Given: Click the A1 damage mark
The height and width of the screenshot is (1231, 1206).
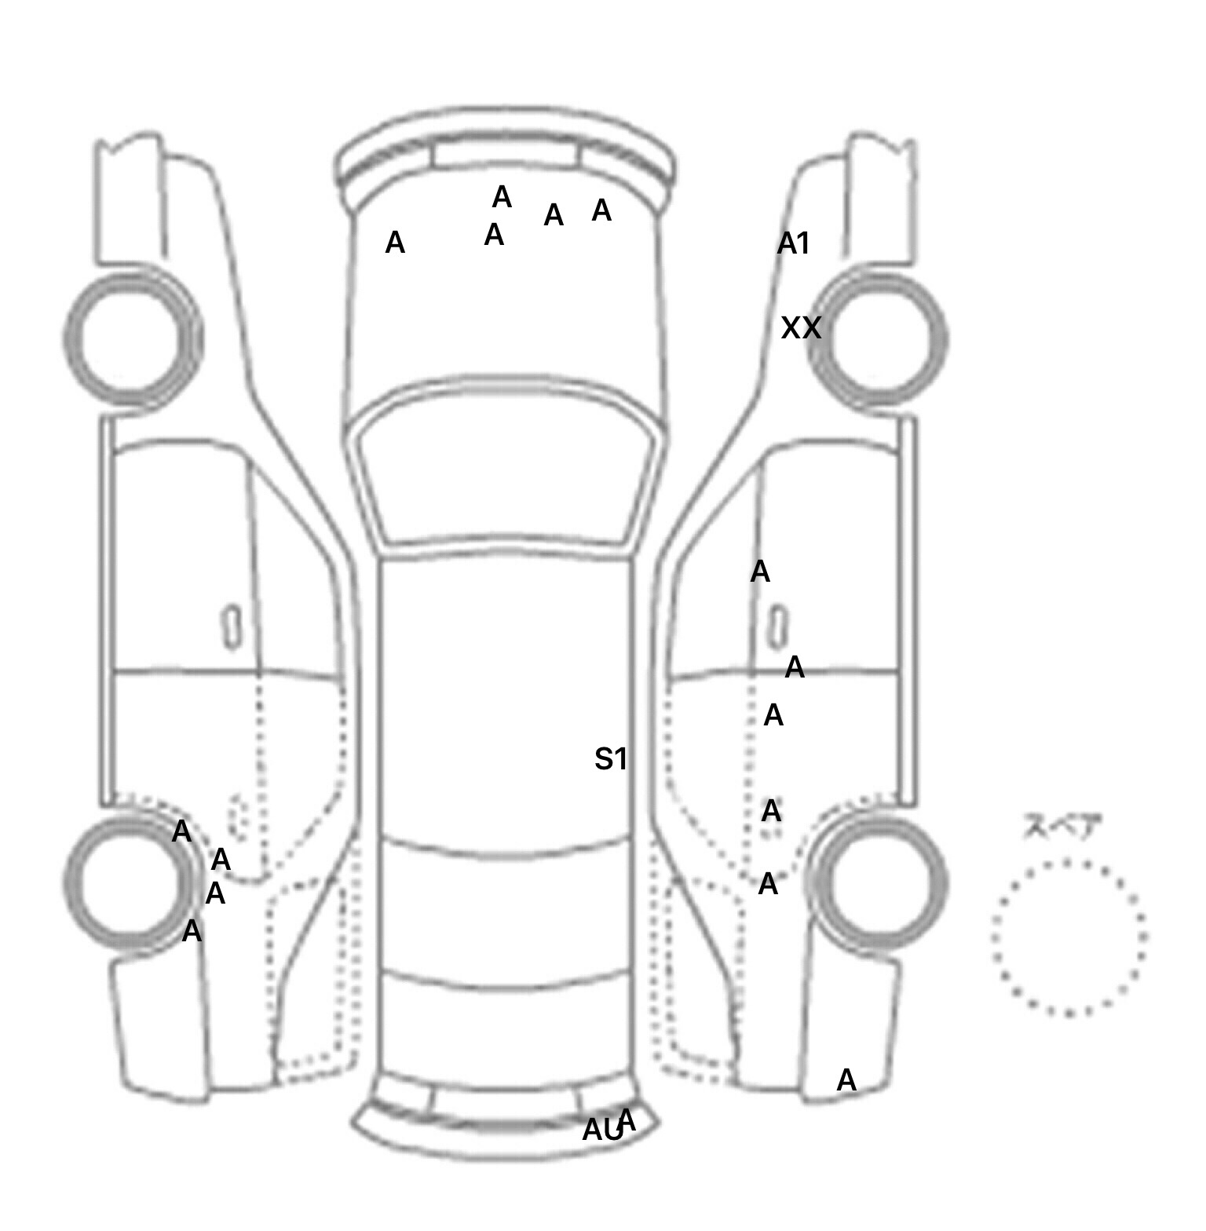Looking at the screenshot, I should click(793, 244).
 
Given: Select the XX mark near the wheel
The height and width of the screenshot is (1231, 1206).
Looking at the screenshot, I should click(801, 327).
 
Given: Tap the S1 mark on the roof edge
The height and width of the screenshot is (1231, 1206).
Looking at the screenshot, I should click(611, 759).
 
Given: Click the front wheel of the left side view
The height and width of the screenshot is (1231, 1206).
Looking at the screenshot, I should click(132, 338).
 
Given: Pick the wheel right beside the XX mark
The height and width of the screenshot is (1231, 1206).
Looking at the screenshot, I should click(878, 338).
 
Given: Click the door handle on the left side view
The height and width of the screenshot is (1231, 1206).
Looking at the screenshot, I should click(232, 627).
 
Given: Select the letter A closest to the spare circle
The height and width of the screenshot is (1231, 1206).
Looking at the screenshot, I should click(846, 1080).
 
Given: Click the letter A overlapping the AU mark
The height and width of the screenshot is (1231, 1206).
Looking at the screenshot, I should click(627, 1119).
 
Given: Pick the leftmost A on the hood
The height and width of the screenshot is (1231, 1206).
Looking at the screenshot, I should click(395, 243).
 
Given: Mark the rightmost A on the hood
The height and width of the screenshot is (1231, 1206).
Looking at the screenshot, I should click(601, 210).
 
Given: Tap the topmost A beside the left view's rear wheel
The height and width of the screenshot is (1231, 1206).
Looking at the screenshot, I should click(181, 831).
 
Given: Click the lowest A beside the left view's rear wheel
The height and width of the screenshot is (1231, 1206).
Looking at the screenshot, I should click(192, 932).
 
